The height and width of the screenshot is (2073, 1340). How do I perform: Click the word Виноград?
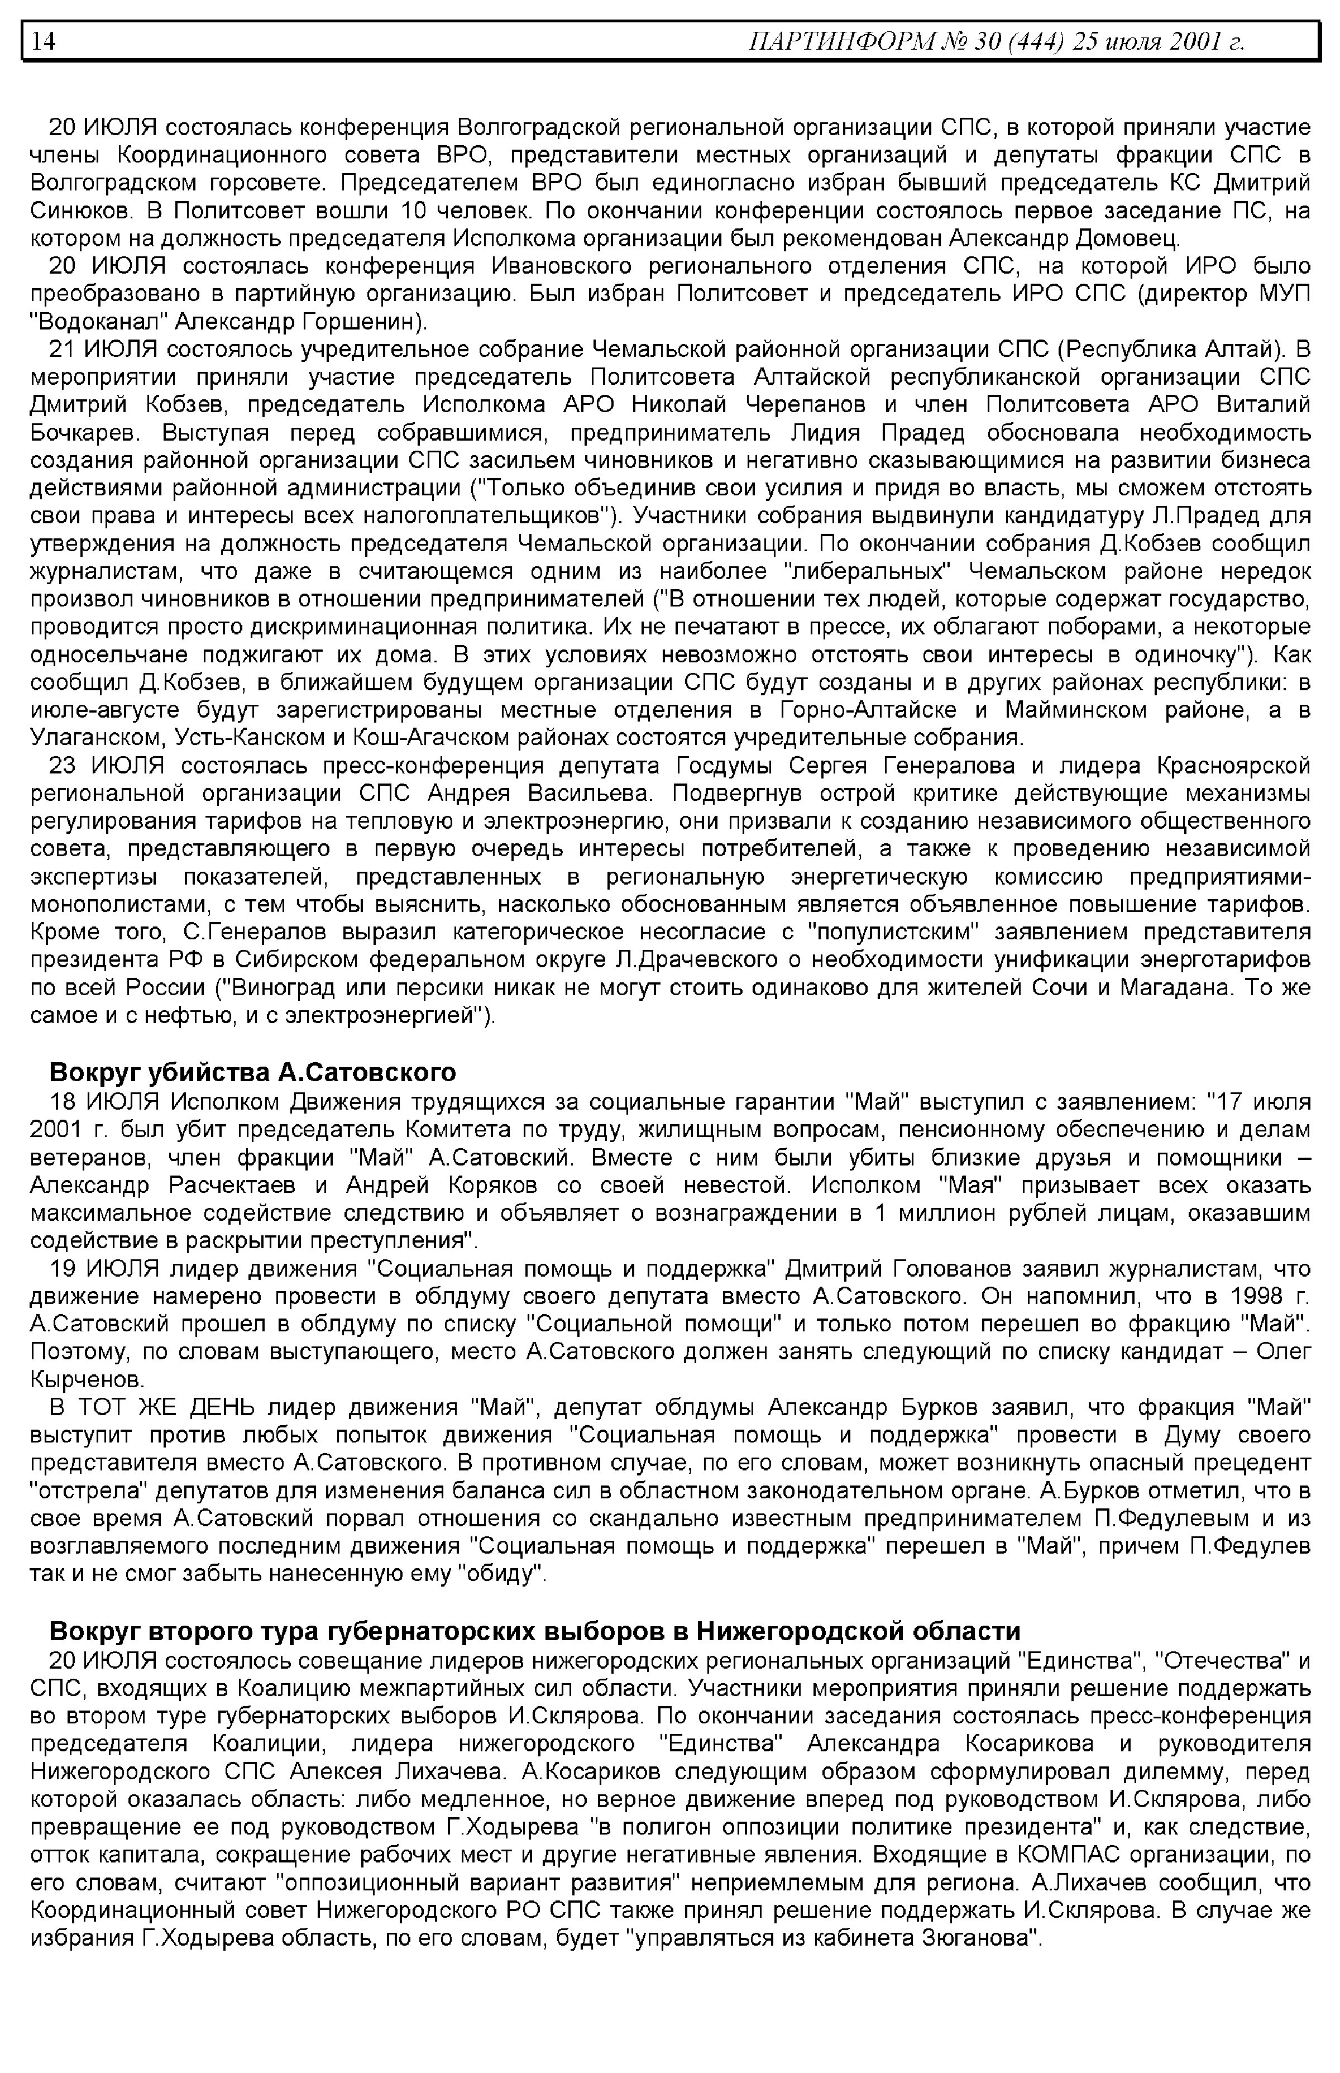pyautogui.click(x=274, y=988)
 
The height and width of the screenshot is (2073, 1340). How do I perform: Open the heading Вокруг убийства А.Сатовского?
pyautogui.click(x=252, y=1072)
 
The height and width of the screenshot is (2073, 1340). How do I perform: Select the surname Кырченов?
pyautogui.click(x=87, y=1381)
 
